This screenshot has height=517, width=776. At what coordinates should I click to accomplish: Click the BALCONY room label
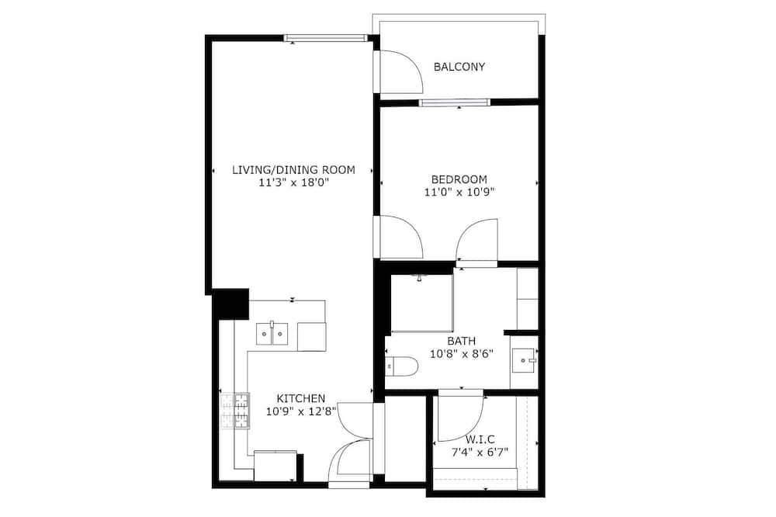(x=459, y=67)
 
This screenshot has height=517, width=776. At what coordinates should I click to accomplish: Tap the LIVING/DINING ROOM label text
(x=293, y=170)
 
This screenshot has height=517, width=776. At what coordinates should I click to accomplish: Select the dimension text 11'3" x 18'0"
(x=293, y=182)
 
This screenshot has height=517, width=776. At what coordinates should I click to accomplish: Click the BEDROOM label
(x=459, y=179)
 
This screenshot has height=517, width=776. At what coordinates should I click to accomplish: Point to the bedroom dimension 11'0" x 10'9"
(x=459, y=193)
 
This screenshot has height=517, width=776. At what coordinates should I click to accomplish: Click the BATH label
(x=461, y=342)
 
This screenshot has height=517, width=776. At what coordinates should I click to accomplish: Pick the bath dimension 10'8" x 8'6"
(x=462, y=354)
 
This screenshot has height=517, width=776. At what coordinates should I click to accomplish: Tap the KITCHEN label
(x=301, y=398)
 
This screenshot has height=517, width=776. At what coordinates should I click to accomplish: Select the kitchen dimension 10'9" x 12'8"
(x=301, y=411)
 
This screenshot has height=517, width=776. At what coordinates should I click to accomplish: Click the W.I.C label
(x=480, y=439)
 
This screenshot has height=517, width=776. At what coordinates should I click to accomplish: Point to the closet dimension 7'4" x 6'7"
(x=480, y=452)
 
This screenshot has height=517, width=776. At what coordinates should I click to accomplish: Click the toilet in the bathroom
(x=401, y=366)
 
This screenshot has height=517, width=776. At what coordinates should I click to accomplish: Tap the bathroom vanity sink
(x=524, y=360)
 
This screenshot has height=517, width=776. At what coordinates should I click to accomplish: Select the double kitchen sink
(x=272, y=334)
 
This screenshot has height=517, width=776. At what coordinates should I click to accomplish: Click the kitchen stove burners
(x=234, y=411)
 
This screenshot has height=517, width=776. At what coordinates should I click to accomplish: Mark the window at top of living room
(x=326, y=37)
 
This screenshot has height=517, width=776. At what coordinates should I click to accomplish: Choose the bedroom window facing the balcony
(x=454, y=102)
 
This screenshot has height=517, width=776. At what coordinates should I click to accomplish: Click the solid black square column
(x=230, y=304)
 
